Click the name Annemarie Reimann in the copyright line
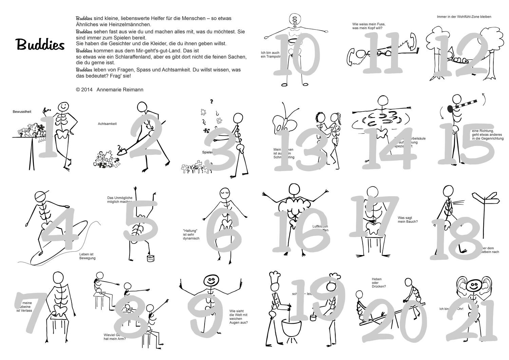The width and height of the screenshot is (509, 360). (115, 90)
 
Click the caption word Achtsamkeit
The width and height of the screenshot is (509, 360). (107, 124)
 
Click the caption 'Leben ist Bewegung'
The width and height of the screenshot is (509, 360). (87, 256)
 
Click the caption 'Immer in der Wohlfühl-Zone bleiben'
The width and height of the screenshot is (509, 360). (464, 17)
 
